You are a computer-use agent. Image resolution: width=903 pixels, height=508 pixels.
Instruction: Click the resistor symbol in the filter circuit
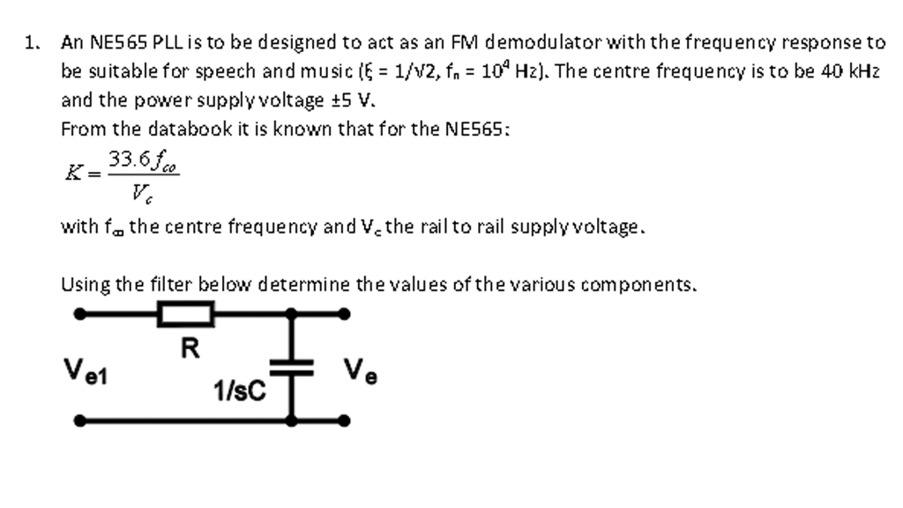point(185,313)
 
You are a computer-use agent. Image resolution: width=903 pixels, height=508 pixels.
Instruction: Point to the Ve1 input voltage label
point(85,370)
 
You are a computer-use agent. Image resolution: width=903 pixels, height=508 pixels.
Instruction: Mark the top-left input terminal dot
point(80,313)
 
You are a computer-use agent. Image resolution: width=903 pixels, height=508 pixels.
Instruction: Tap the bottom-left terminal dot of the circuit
point(80,421)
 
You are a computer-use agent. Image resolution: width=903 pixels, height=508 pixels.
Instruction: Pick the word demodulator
point(541,41)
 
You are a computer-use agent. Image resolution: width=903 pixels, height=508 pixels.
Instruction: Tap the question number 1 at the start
point(32,41)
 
